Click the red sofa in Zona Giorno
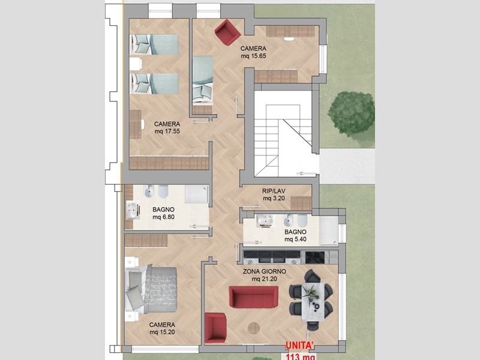(253, 296)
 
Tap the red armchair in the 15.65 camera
(227, 32)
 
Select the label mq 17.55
(167, 131)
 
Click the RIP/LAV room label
(274, 191)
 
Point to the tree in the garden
(352, 114)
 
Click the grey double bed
(151, 290)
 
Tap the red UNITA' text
(299, 345)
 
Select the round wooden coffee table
(254, 328)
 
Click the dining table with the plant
(313, 302)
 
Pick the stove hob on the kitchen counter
(315, 257)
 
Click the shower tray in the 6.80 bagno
(197, 194)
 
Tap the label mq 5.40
(295, 239)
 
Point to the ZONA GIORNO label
(265, 272)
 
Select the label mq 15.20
(162, 332)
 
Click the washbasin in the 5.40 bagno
(265, 220)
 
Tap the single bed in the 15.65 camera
(203, 80)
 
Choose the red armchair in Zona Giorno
(216, 328)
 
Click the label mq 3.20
(274, 199)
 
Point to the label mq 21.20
(265, 279)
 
